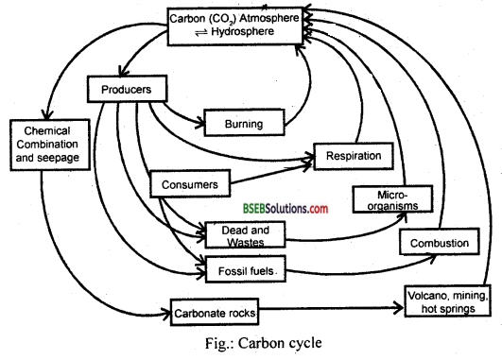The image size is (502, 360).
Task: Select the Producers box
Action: coord(129,91)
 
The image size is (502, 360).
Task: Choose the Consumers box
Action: coord(190,182)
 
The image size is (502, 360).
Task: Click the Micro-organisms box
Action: coord(384,198)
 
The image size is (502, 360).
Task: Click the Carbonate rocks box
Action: coord(215,310)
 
